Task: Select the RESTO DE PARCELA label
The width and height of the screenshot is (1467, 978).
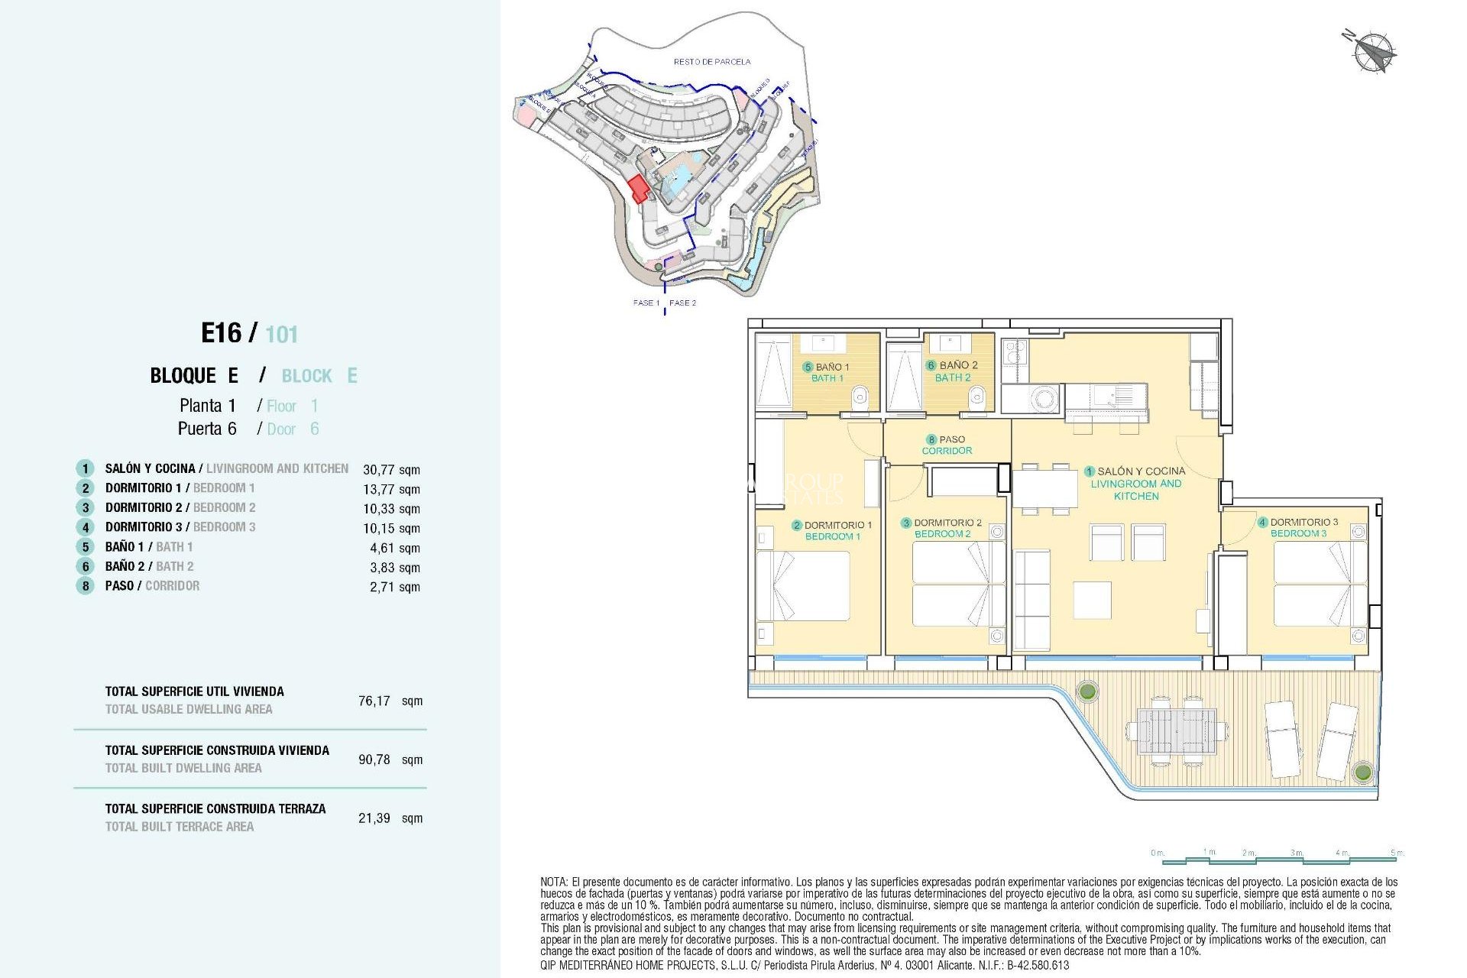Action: click(711, 61)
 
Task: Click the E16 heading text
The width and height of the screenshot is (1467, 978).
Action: click(221, 333)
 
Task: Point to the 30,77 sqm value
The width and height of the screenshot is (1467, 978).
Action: click(391, 470)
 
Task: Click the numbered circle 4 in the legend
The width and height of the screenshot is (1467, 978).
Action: click(86, 527)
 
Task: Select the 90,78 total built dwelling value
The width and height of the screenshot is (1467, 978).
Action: click(374, 759)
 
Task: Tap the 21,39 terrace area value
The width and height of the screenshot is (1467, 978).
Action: click(374, 818)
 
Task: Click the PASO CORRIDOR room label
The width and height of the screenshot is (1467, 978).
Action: click(947, 445)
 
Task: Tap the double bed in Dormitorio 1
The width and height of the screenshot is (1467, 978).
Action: click(804, 585)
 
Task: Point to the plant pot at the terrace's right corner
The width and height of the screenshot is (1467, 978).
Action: click(1362, 772)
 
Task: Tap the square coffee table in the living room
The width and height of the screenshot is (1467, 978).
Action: click(1092, 600)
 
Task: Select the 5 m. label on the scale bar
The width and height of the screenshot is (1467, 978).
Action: click(1397, 853)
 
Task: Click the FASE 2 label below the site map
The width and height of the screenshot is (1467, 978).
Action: click(682, 303)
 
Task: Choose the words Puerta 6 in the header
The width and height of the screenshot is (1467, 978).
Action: click(207, 429)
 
